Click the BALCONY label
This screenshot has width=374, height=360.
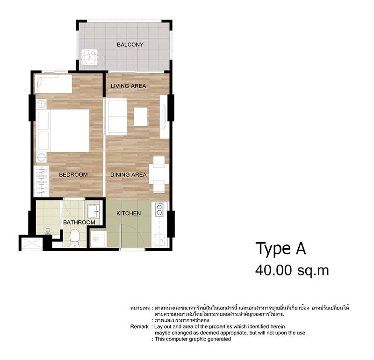(130, 44)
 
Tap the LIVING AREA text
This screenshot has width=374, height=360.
(128, 86)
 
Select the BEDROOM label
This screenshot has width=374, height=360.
(73, 175)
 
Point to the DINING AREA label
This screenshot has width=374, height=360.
(128, 175)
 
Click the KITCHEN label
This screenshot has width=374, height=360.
(129, 213)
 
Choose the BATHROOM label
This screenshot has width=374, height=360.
(79, 223)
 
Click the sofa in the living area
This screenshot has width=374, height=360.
(116, 116)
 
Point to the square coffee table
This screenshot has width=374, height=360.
(141, 117)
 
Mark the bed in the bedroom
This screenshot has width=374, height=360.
(65, 130)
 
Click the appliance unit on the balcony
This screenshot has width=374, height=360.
(91, 58)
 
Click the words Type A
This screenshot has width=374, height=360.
(280, 249)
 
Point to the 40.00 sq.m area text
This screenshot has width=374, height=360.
(292, 270)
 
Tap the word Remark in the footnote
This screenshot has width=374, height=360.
(140, 326)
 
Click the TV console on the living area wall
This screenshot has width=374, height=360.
(164, 117)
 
